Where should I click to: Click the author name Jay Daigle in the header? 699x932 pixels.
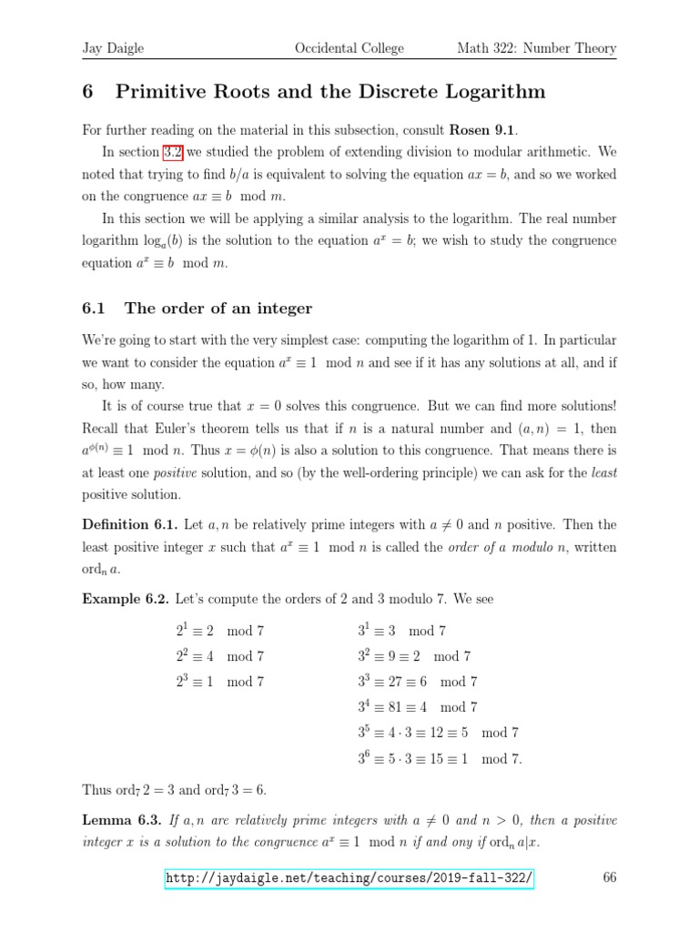point(113,48)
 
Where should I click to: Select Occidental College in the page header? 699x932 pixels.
point(349,48)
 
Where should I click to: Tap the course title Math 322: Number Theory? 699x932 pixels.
point(536,48)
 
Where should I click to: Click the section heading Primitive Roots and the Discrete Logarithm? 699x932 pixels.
point(314,92)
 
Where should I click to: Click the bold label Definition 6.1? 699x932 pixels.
point(125,524)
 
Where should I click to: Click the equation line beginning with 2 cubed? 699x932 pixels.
point(220,681)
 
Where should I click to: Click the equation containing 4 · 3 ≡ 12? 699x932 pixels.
point(438,732)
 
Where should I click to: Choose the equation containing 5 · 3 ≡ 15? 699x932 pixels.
point(440,758)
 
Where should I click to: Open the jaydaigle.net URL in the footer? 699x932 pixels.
point(349,878)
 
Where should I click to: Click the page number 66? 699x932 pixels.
point(610,878)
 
